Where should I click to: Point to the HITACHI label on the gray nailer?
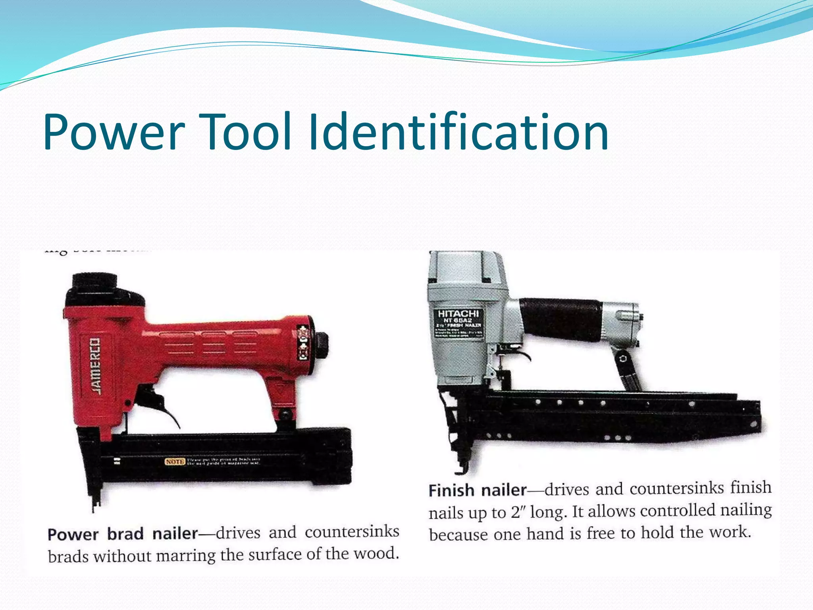click(458, 314)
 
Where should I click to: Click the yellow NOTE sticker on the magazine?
click(175, 461)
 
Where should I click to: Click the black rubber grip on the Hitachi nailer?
click(560, 318)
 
